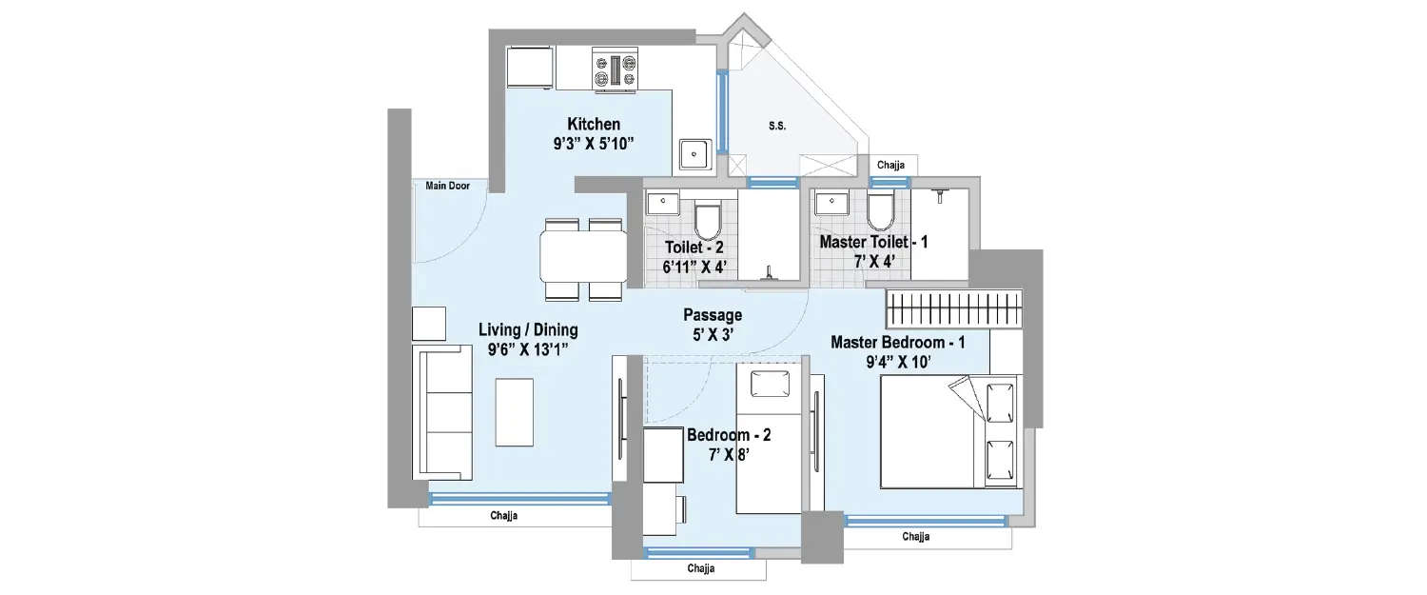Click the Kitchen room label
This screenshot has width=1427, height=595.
coord(594,124)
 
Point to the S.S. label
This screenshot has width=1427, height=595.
coord(777,126)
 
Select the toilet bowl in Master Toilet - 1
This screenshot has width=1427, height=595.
coord(879,211)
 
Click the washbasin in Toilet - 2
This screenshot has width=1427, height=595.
coord(661,204)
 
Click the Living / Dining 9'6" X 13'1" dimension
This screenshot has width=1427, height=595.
coord(528,349)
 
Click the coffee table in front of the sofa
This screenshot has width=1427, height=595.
coord(514,410)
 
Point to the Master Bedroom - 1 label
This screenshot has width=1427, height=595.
coord(897,342)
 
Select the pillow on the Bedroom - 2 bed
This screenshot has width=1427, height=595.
coord(772,384)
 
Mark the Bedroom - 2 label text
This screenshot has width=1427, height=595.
coord(729,435)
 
